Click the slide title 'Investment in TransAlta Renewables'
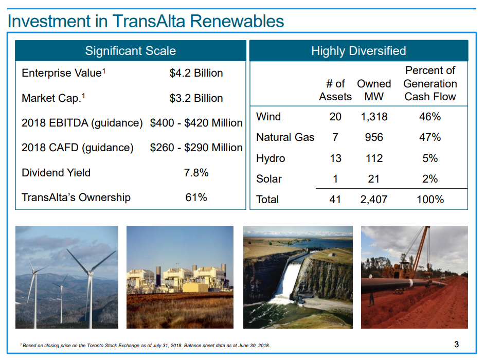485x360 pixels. (x=146, y=21)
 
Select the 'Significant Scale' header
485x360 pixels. (x=130, y=51)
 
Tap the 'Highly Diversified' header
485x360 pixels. (x=358, y=51)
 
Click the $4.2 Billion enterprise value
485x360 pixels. (x=196, y=73)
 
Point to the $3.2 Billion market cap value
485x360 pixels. (x=196, y=98)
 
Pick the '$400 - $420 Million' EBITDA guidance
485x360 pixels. (x=196, y=123)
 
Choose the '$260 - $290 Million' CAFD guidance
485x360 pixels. (x=196, y=148)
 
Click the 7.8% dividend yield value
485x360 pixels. (x=196, y=173)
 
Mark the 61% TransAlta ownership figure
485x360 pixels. (x=196, y=197)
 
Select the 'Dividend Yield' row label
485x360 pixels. (x=56, y=173)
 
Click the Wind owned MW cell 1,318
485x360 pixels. (x=374, y=117)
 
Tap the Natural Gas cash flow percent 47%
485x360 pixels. (x=430, y=137)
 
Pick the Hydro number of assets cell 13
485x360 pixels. (x=335, y=158)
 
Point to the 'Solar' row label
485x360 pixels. (x=269, y=179)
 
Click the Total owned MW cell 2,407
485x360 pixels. (x=374, y=199)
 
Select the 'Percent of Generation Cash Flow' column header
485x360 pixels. (x=430, y=83)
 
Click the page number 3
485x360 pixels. (x=456, y=345)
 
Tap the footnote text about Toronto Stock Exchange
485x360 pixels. (x=145, y=345)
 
